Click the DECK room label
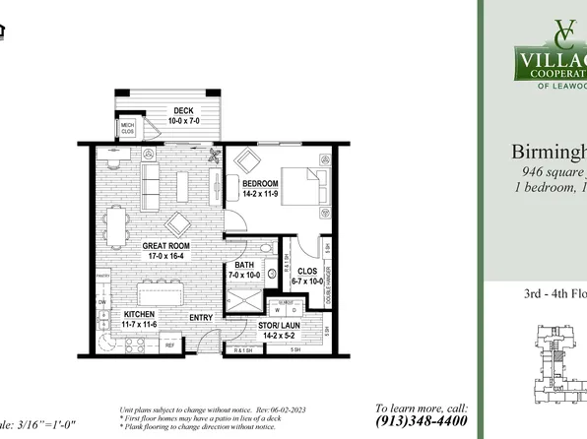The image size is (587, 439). click(x=182, y=110)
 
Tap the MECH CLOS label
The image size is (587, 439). click(x=128, y=128)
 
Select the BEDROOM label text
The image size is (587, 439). click(x=261, y=183)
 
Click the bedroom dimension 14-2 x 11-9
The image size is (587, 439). click(x=261, y=194)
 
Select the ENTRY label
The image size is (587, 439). click(x=202, y=317)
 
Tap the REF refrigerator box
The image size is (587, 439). click(x=168, y=345)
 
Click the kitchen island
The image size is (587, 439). click(x=163, y=293)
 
